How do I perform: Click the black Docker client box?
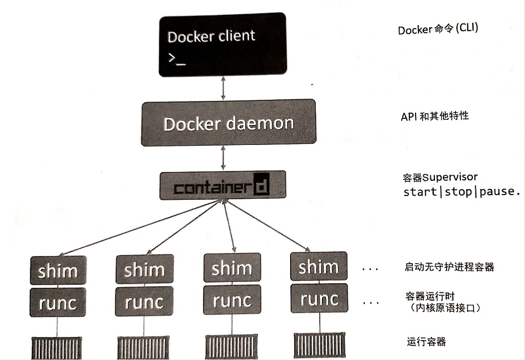click(222, 45)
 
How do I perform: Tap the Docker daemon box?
click(228, 123)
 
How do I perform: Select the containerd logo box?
click(223, 185)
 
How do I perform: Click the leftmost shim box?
click(58, 271)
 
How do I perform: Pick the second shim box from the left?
click(144, 269)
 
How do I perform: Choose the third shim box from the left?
click(231, 268)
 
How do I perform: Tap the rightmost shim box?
click(318, 266)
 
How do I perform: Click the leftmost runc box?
click(58, 303)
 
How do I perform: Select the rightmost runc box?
click(318, 299)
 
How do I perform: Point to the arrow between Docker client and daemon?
click(223, 88)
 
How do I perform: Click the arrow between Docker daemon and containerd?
click(223, 159)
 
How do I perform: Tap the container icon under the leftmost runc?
click(56, 348)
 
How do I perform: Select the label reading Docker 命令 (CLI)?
click(437, 29)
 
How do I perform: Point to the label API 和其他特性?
click(434, 116)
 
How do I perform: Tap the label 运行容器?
click(426, 342)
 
